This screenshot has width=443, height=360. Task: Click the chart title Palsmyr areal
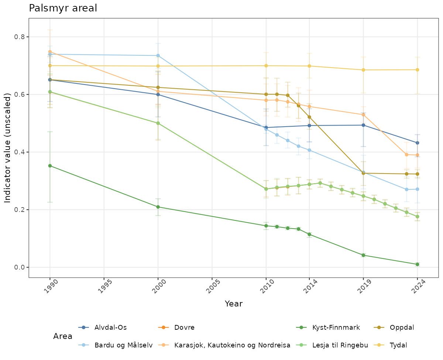(x=63, y=8)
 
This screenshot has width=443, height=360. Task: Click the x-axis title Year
(x=233, y=304)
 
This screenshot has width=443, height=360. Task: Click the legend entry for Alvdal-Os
(x=110, y=328)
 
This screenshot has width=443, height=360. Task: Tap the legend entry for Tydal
(x=399, y=345)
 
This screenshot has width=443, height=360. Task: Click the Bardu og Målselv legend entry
(x=123, y=345)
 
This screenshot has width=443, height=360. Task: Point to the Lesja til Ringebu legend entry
(x=340, y=345)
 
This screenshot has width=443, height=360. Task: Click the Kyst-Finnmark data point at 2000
(x=158, y=207)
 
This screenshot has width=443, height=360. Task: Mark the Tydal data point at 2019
(x=363, y=70)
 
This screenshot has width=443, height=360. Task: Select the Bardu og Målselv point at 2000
(x=158, y=55)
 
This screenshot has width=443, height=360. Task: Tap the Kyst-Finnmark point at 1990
(x=50, y=166)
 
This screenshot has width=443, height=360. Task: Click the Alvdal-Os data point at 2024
(x=417, y=143)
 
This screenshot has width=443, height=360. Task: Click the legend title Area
(x=63, y=336)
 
